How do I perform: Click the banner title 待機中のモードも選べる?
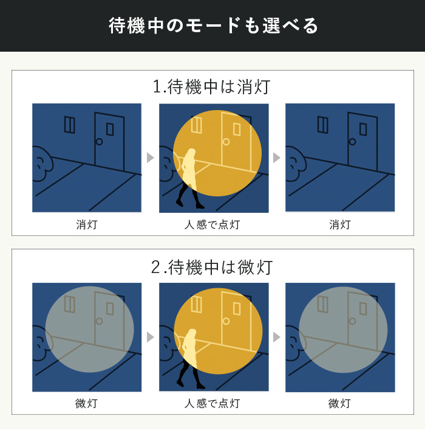coord(213,26)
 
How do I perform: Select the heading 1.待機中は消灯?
coord(212,87)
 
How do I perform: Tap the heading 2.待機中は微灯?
coord(212,267)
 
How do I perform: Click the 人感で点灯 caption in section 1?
coord(212,224)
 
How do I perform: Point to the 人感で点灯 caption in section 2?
coord(212,403)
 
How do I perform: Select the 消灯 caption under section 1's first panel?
coord(87,224)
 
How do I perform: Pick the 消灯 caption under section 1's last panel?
coord(340,224)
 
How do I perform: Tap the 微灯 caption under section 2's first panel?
coord(86,403)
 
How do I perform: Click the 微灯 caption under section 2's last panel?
coord(339,403)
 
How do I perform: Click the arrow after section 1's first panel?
coord(150,158)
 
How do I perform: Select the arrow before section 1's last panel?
coord(277,158)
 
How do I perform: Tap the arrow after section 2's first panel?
coord(150,337)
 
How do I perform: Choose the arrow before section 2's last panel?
coord(277,337)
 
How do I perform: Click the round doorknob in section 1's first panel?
coord(99,142)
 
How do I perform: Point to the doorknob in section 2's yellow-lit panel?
coord(226,321)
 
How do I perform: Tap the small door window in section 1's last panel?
coord(363,130)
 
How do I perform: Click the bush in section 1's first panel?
coord(42,164)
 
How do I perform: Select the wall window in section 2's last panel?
coord(323,304)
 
